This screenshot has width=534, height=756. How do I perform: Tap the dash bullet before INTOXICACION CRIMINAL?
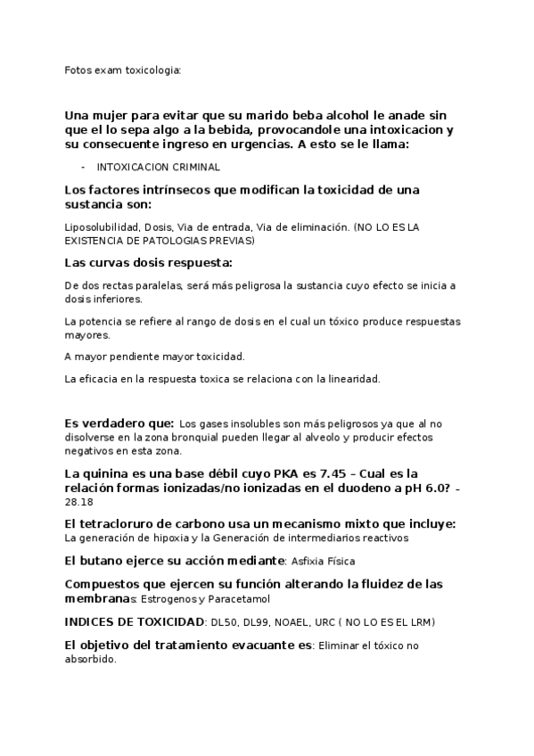pyautogui.click(x=83, y=167)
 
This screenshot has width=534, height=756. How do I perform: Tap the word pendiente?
pyautogui.click(x=142, y=357)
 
